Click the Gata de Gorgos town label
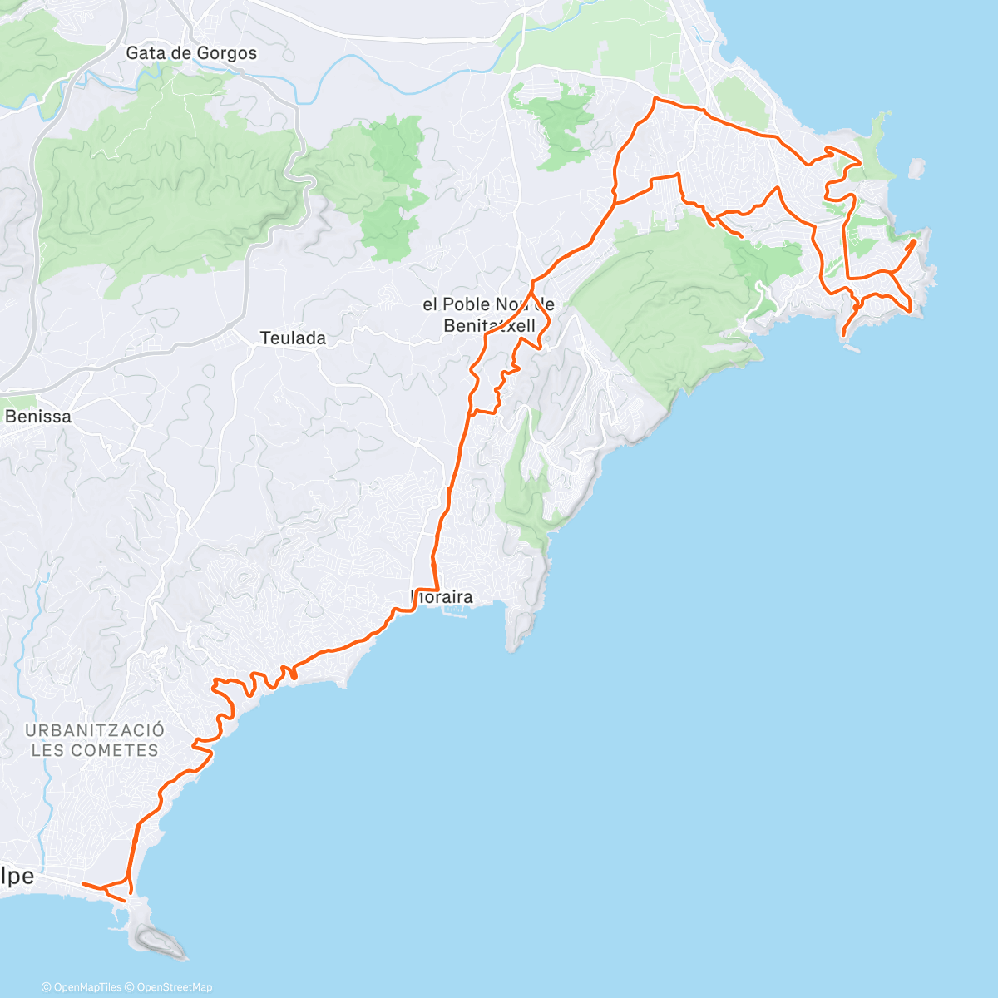point(191,53)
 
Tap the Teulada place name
point(293,338)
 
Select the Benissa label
point(38,417)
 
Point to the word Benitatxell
point(490,326)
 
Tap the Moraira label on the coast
point(443,597)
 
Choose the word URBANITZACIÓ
point(95,730)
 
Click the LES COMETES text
point(95,750)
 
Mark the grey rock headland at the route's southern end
point(155,939)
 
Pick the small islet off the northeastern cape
point(916,168)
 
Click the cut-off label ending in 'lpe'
point(17,877)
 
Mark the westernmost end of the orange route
point(83,884)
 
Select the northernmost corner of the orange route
point(657,99)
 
